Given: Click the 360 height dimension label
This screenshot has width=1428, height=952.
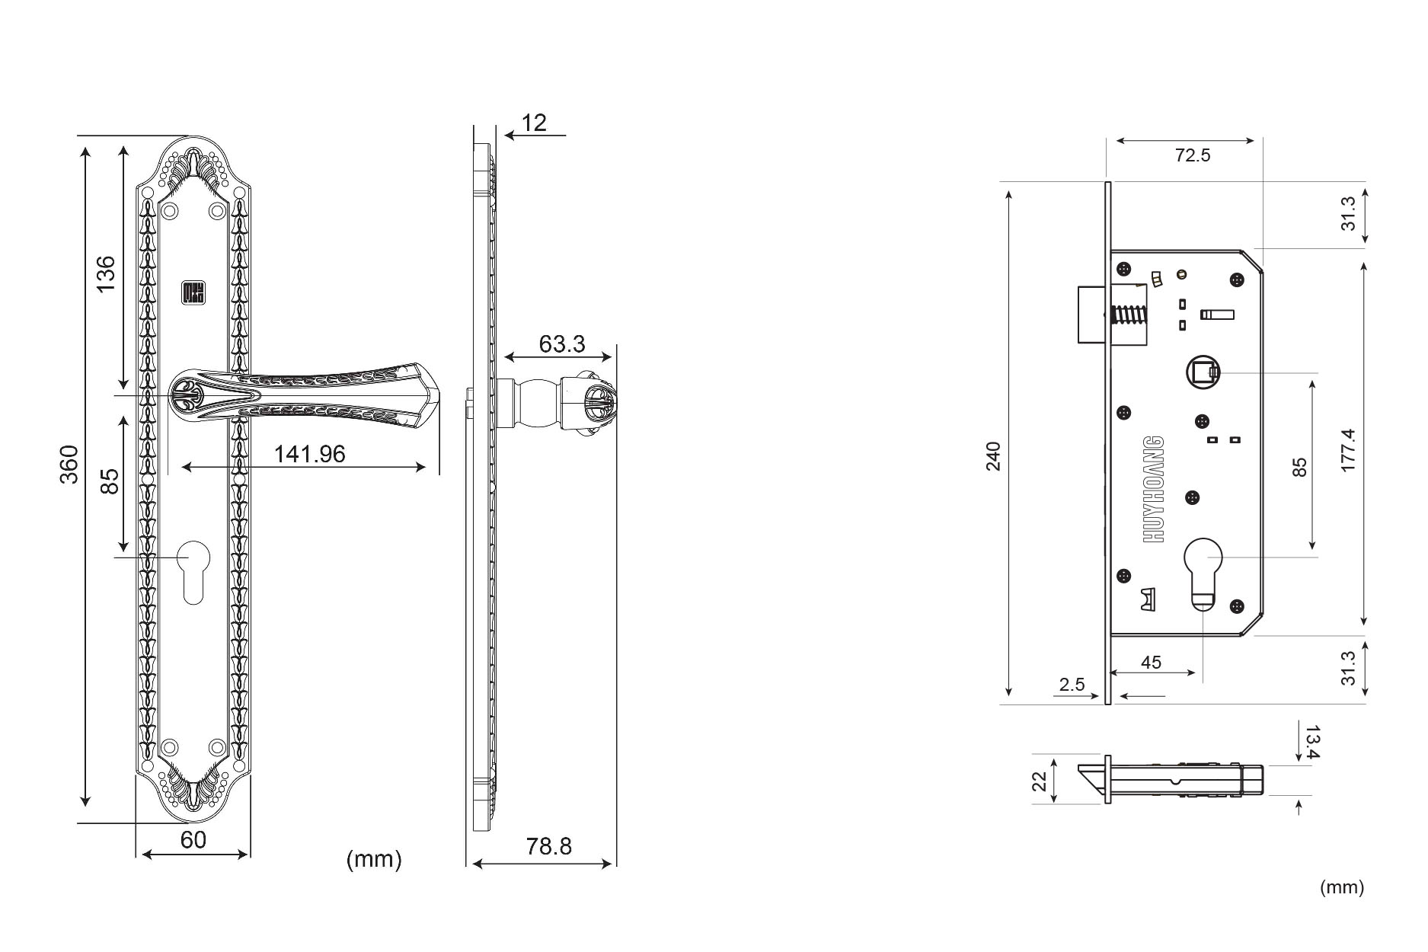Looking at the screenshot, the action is coord(69,464).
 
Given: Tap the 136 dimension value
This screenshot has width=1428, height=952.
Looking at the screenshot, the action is coord(106,273).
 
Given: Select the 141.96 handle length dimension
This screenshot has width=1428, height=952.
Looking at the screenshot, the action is coord(309,454).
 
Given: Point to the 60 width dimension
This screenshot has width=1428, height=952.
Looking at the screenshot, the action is coord(193,839).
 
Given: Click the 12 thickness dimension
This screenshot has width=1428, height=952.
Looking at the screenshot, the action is coord(535,123).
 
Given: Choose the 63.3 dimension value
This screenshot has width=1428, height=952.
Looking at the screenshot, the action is coord(562,344).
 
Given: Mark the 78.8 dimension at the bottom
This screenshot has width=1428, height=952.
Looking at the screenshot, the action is coord(548,846).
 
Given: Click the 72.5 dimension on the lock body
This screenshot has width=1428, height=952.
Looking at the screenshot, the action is coord(1193,155).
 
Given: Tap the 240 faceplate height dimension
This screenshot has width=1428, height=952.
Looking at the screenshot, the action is coord(994,455).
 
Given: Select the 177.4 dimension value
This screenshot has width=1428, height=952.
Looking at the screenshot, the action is coord(1348,450).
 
